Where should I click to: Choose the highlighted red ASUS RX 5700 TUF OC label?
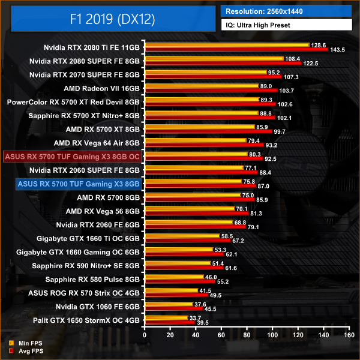(73, 157)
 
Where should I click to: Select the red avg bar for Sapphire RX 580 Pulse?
(179, 281)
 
